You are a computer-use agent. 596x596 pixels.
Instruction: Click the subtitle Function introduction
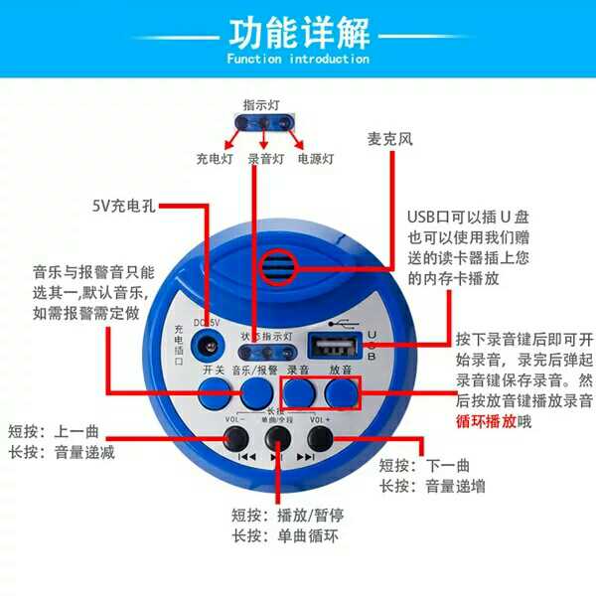pos(297,60)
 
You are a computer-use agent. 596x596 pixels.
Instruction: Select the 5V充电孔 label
pos(123,208)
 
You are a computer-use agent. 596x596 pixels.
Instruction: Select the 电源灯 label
pos(316,158)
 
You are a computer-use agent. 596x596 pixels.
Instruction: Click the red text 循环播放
pos(488,420)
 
